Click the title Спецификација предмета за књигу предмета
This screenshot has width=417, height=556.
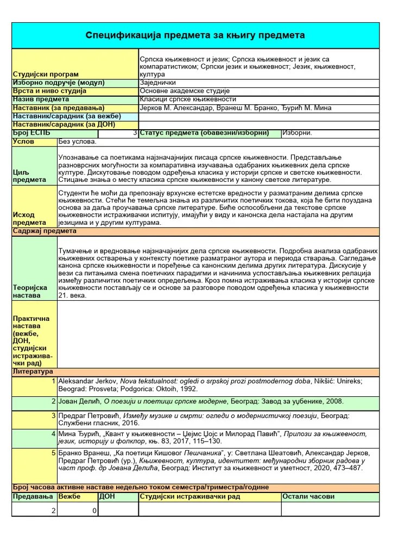(195, 35)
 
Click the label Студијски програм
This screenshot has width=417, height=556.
(46, 74)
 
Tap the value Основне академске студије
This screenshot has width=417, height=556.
(185, 91)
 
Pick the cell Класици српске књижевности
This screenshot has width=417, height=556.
(188, 99)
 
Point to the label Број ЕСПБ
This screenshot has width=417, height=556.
(31, 133)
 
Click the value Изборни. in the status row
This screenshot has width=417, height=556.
(298, 133)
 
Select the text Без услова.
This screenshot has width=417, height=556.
(77, 142)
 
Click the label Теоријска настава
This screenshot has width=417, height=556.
(30, 292)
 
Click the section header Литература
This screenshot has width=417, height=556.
(33, 371)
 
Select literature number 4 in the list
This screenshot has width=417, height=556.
(53, 434)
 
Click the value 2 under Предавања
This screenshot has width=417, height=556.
(53, 511)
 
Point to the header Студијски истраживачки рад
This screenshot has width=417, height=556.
(190, 497)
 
